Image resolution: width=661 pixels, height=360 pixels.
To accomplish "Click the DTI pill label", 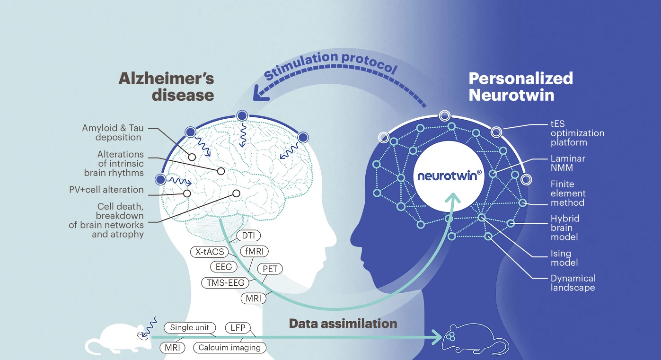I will tap(248, 236).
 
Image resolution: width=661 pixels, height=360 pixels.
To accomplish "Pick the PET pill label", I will tap(270, 269).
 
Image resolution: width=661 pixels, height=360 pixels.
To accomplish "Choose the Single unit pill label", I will tap(190, 327).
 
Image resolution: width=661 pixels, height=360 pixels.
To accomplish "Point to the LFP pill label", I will tap(238, 327).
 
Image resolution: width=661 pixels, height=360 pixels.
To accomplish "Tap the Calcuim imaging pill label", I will tap(229, 348).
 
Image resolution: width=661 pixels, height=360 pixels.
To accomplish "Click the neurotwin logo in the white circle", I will tap(449, 176).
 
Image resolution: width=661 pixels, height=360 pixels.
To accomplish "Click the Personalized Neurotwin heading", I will tap(520, 86).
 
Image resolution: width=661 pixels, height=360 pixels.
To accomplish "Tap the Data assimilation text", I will tap(343, 324).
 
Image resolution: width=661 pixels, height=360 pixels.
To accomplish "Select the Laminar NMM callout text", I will tap(568, 163).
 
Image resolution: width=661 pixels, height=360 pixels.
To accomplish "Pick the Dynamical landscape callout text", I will tap(573, 283).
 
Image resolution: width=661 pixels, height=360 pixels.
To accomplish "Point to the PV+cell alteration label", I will tap(106, 190).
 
